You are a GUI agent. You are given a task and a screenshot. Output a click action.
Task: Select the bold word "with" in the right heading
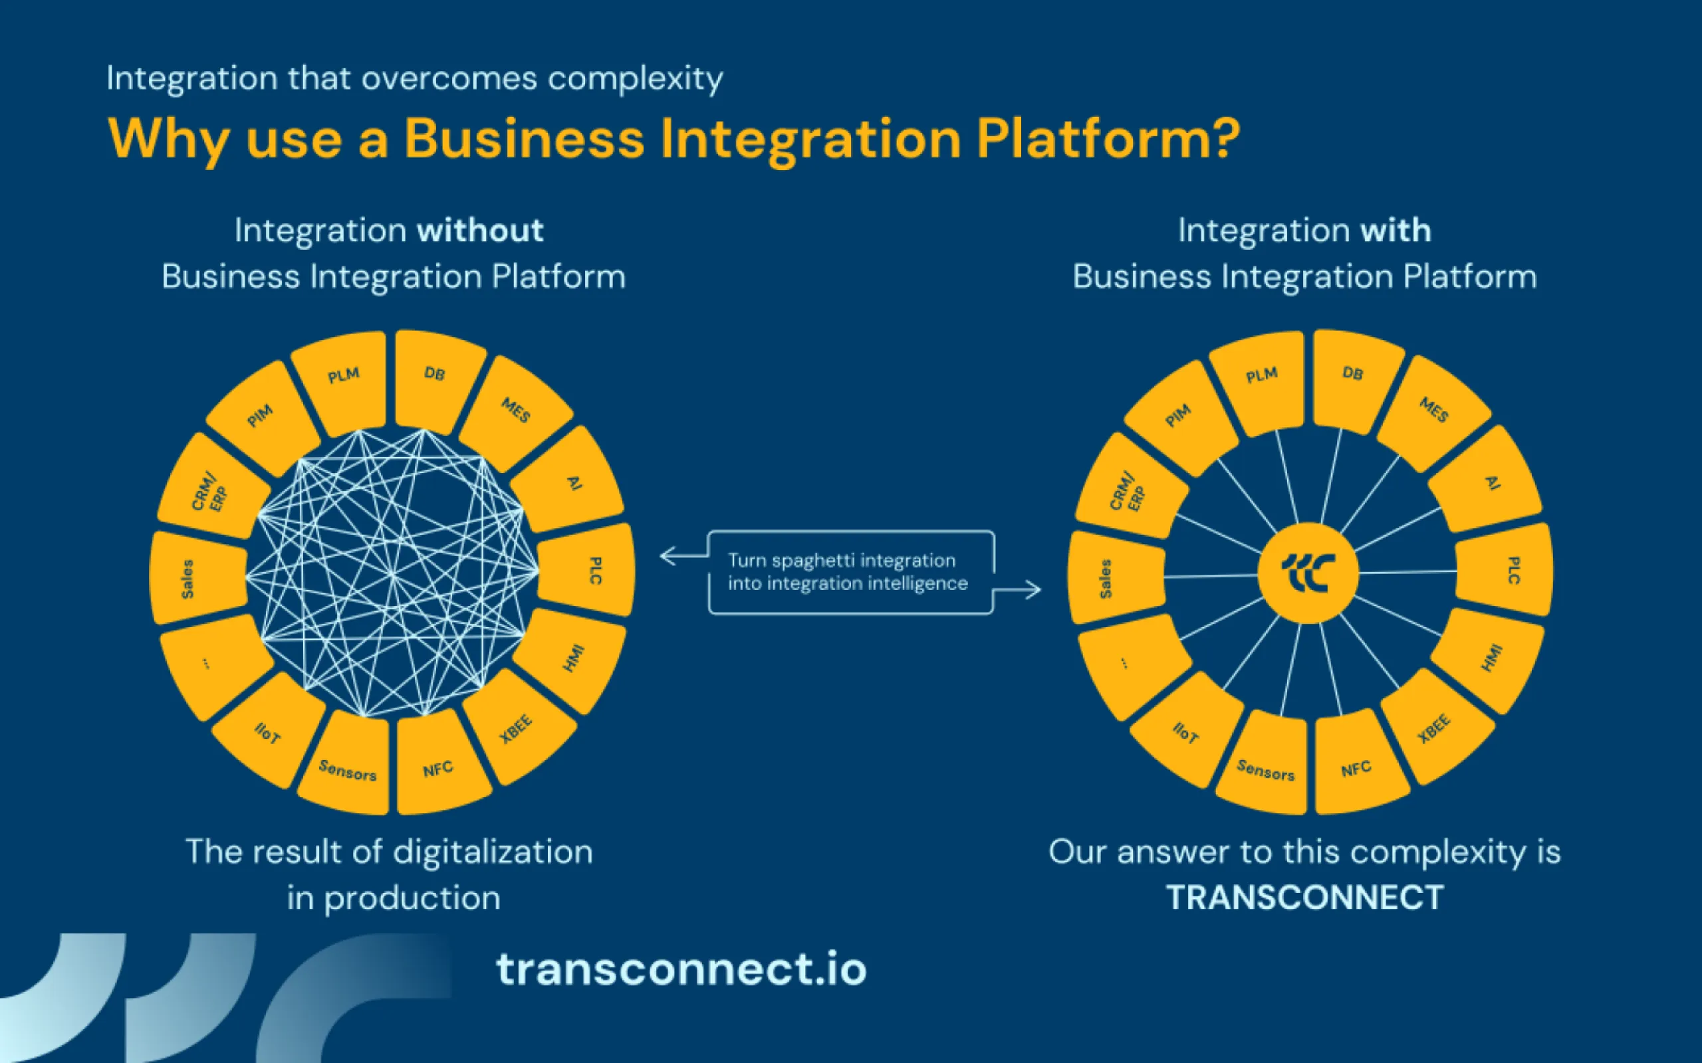(1396, 231)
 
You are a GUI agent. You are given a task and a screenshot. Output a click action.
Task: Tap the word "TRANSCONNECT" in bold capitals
(1304, 898)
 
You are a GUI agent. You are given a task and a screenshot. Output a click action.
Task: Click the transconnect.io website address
(681, 969)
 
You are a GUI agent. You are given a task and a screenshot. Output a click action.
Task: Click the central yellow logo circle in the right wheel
(1308, 573)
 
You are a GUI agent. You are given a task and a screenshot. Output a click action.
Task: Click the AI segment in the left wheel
(571, 482)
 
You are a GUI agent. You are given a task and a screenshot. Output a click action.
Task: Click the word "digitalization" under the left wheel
(492, 853)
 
